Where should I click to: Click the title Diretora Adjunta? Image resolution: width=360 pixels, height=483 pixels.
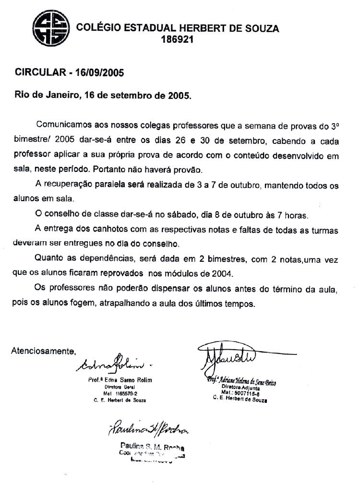(x=240, y=387)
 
